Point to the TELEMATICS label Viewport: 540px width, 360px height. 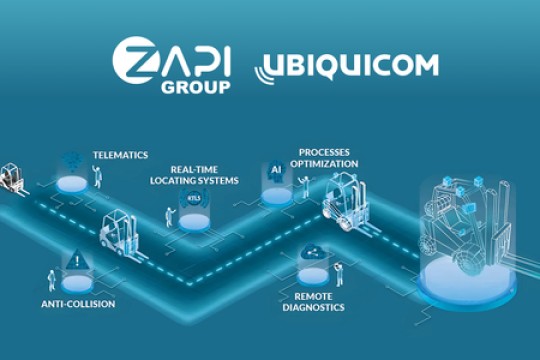tap(120, 155)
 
